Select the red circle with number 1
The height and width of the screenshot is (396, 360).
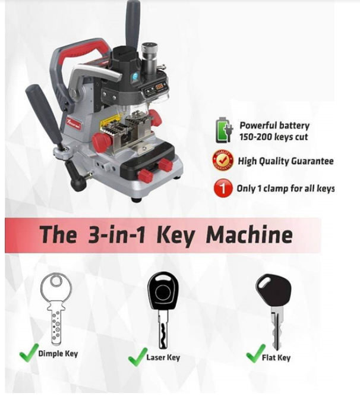(223, 188)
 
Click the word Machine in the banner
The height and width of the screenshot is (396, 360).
(250, 235)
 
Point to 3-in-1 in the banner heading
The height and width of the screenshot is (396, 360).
(117, 235)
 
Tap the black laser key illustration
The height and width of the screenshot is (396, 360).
(163, 310)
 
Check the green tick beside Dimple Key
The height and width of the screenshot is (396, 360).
(29, 353)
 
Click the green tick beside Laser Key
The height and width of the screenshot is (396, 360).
(137, 356)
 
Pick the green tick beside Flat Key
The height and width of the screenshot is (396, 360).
(255, 353)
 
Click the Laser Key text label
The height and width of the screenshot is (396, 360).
(163, 357)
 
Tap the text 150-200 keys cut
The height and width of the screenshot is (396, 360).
(274, 137)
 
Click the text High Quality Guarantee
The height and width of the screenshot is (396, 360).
(286, 161)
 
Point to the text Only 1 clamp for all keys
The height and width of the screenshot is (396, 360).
(285, 188)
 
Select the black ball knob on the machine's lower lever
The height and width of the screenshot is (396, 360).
(78, 184)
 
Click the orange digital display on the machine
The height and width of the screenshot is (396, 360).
(159, 87)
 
